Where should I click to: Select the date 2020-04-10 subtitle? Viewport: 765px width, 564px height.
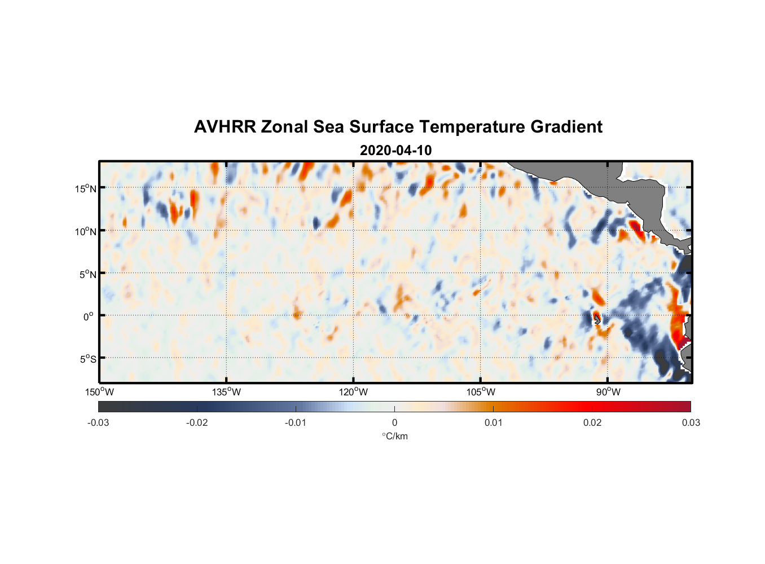click(x=395, y=151)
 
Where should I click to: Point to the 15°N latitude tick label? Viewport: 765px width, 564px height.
click(x=86, y=188)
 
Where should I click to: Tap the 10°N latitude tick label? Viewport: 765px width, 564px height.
click(x=86, y=231)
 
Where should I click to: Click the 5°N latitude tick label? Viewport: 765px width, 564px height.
click(x=87, y=274)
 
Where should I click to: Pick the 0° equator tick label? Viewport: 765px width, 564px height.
click(x=89, y=316)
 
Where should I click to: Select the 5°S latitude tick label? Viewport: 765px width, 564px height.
click(x=87, y=359)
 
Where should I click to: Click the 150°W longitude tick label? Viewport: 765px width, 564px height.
click(x=100, y=392)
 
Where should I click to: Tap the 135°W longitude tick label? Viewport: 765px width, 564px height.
click(x=227, y=392)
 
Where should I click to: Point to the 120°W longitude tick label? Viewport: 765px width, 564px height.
click(x=354, y=392)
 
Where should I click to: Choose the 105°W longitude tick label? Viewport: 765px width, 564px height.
click(x=481, y=392)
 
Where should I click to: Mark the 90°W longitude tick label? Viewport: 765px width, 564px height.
click(x=608, y=392)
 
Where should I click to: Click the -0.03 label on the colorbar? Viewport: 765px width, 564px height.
click(x=98, y=423)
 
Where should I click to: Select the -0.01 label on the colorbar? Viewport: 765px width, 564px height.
click(x=296, y=423)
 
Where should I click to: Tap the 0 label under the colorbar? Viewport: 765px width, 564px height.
click(x=394, y=423)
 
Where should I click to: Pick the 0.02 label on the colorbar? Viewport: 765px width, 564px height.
click(x=592, y=423)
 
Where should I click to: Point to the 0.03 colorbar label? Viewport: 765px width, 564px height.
click(x=691, y=423)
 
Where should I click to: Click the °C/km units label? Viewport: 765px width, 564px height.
click(x=394, y=436)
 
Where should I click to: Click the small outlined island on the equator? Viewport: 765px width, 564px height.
click(x=597, y=319)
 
